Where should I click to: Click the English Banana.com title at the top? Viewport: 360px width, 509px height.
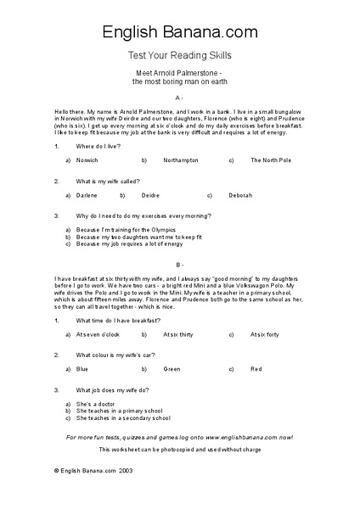180,33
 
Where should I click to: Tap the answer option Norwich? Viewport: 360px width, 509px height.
87,159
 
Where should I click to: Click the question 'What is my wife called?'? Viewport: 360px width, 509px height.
108,181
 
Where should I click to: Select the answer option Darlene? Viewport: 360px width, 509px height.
87,195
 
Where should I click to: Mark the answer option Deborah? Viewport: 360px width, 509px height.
240,195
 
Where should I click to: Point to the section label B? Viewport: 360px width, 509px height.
180,265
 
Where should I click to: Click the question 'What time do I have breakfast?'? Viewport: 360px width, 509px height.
115,321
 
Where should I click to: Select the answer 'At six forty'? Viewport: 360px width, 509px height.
265,335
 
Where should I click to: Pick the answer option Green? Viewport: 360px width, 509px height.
172,369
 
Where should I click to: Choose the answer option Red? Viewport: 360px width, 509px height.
256,369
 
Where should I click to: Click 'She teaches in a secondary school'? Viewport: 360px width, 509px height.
123,418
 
